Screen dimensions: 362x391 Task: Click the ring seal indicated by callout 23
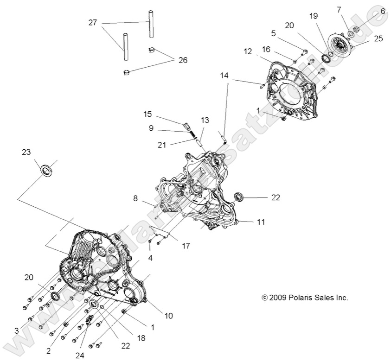(46, 170)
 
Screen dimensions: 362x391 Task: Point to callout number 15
(147, 114)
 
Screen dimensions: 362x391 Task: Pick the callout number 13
(205, 120)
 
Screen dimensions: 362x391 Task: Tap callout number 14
(224, 75)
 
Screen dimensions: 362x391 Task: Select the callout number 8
(135, 198)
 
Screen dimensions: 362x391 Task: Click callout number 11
(261, 222)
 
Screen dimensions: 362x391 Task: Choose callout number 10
(168, 316)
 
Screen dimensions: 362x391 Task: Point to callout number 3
(17, 330)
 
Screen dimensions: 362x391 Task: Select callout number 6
(383, 10)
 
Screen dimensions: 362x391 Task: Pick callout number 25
(378, 38)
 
